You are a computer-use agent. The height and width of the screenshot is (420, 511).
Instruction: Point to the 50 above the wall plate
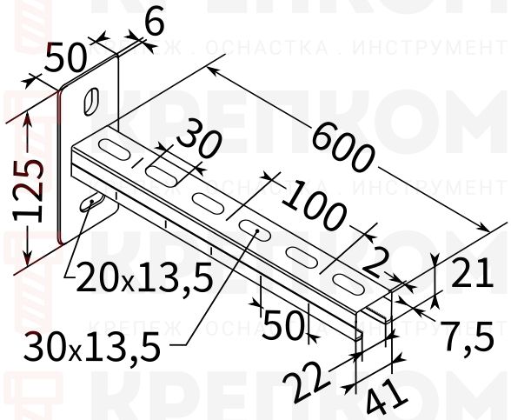click(66, 59)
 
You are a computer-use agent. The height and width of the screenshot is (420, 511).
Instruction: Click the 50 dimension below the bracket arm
click(282, 325)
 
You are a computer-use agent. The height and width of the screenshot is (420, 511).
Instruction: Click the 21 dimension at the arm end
click(474, 277)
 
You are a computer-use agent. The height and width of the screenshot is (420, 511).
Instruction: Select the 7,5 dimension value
click(470, 333)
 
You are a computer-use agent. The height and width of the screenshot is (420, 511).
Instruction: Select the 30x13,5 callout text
click(93, 348)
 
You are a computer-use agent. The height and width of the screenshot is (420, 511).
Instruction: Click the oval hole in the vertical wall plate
click(90, 101)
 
